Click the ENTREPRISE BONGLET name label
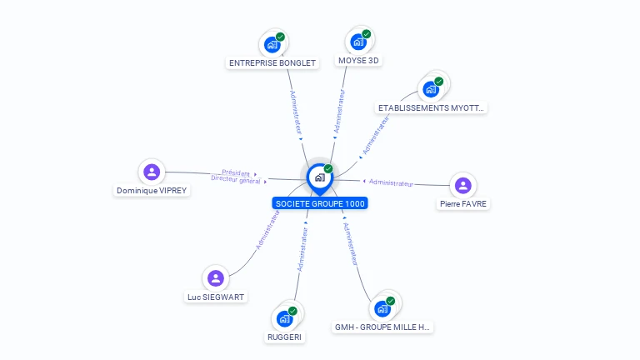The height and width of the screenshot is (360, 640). coord(272,62)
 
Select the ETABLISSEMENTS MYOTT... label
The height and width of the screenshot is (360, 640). coord(431,108)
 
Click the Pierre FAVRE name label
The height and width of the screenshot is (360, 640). coord(463,203)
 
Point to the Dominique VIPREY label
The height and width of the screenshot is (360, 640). coord(152,190)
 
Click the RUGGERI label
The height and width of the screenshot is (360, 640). coord(285,337)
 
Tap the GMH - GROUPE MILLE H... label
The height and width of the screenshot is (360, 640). coord(382,327)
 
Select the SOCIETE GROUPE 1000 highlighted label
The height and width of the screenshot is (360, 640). coord(320,203)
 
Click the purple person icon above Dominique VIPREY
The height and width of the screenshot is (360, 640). coord(152,172)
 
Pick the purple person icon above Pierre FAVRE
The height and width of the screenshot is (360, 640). coord(463,185)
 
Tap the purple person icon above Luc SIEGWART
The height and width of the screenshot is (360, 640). coord(216,277)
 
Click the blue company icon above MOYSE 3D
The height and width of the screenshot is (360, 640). coord(358,42)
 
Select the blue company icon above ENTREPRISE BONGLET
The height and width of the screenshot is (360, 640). coord(272,44)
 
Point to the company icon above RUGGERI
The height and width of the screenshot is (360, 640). coord(284,318)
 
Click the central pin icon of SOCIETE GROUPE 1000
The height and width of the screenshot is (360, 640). coord(318,177)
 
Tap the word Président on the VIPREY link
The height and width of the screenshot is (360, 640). coord(236,172)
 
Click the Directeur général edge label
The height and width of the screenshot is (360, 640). coord(236,180)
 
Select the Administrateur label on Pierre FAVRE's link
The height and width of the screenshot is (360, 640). coord(391,182)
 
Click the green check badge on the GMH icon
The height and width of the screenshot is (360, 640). coord(390,301)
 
